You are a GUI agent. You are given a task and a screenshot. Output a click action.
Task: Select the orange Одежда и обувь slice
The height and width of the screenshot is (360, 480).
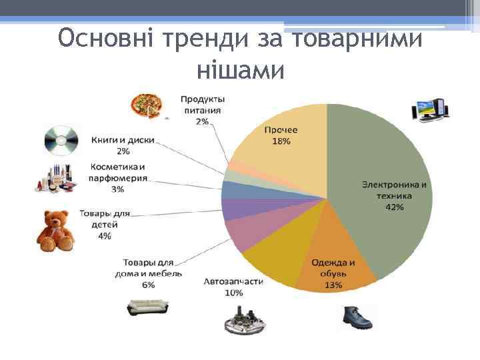pos(330,257)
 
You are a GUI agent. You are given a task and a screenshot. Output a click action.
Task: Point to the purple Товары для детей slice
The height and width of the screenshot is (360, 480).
pos(233,209)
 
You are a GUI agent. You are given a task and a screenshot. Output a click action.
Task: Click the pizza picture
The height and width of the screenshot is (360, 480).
pos(145,105)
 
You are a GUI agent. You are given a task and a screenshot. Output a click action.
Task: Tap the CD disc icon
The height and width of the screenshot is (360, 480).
pos(61,139)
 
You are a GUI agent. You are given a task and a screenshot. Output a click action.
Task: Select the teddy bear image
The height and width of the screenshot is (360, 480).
pos(57,231)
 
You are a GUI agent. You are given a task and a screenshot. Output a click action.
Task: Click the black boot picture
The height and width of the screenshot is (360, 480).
pos(357,319)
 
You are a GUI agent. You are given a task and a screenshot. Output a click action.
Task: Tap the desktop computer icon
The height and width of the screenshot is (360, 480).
pos(430,110)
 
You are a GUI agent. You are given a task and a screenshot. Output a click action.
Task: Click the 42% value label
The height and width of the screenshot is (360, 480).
pos(394,207)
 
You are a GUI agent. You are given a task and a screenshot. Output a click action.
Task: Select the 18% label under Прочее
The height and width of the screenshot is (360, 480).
pos(281,141)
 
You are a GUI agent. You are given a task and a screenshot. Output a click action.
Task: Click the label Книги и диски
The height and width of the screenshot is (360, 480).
pos(123,140)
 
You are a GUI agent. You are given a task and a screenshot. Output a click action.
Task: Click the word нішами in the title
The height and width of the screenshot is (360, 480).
pos(241,69)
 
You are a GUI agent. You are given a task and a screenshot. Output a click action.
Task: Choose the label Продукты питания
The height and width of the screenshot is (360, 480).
pos(201,105)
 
